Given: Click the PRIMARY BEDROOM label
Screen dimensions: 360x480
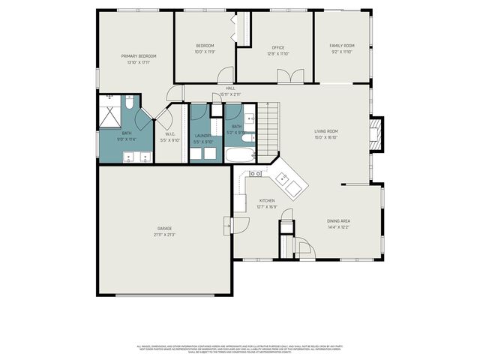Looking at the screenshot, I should click(139, 56).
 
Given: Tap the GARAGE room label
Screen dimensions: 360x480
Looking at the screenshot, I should click(164, 228).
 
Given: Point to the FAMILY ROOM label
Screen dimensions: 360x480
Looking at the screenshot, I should click(342, 46).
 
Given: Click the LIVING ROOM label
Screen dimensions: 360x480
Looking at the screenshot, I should click(325, 131).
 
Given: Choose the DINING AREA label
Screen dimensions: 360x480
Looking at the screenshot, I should click(338, 220).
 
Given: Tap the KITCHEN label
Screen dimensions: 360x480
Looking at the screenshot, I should click(267, 201).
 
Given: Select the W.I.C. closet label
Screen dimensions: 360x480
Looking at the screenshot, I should click(170, 133).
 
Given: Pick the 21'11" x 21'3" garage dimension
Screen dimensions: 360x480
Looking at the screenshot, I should click(164, 234).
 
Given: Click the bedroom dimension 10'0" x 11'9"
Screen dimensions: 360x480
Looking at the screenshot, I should click(205, 52).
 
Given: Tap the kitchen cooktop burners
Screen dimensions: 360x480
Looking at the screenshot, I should click(256, 173).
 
